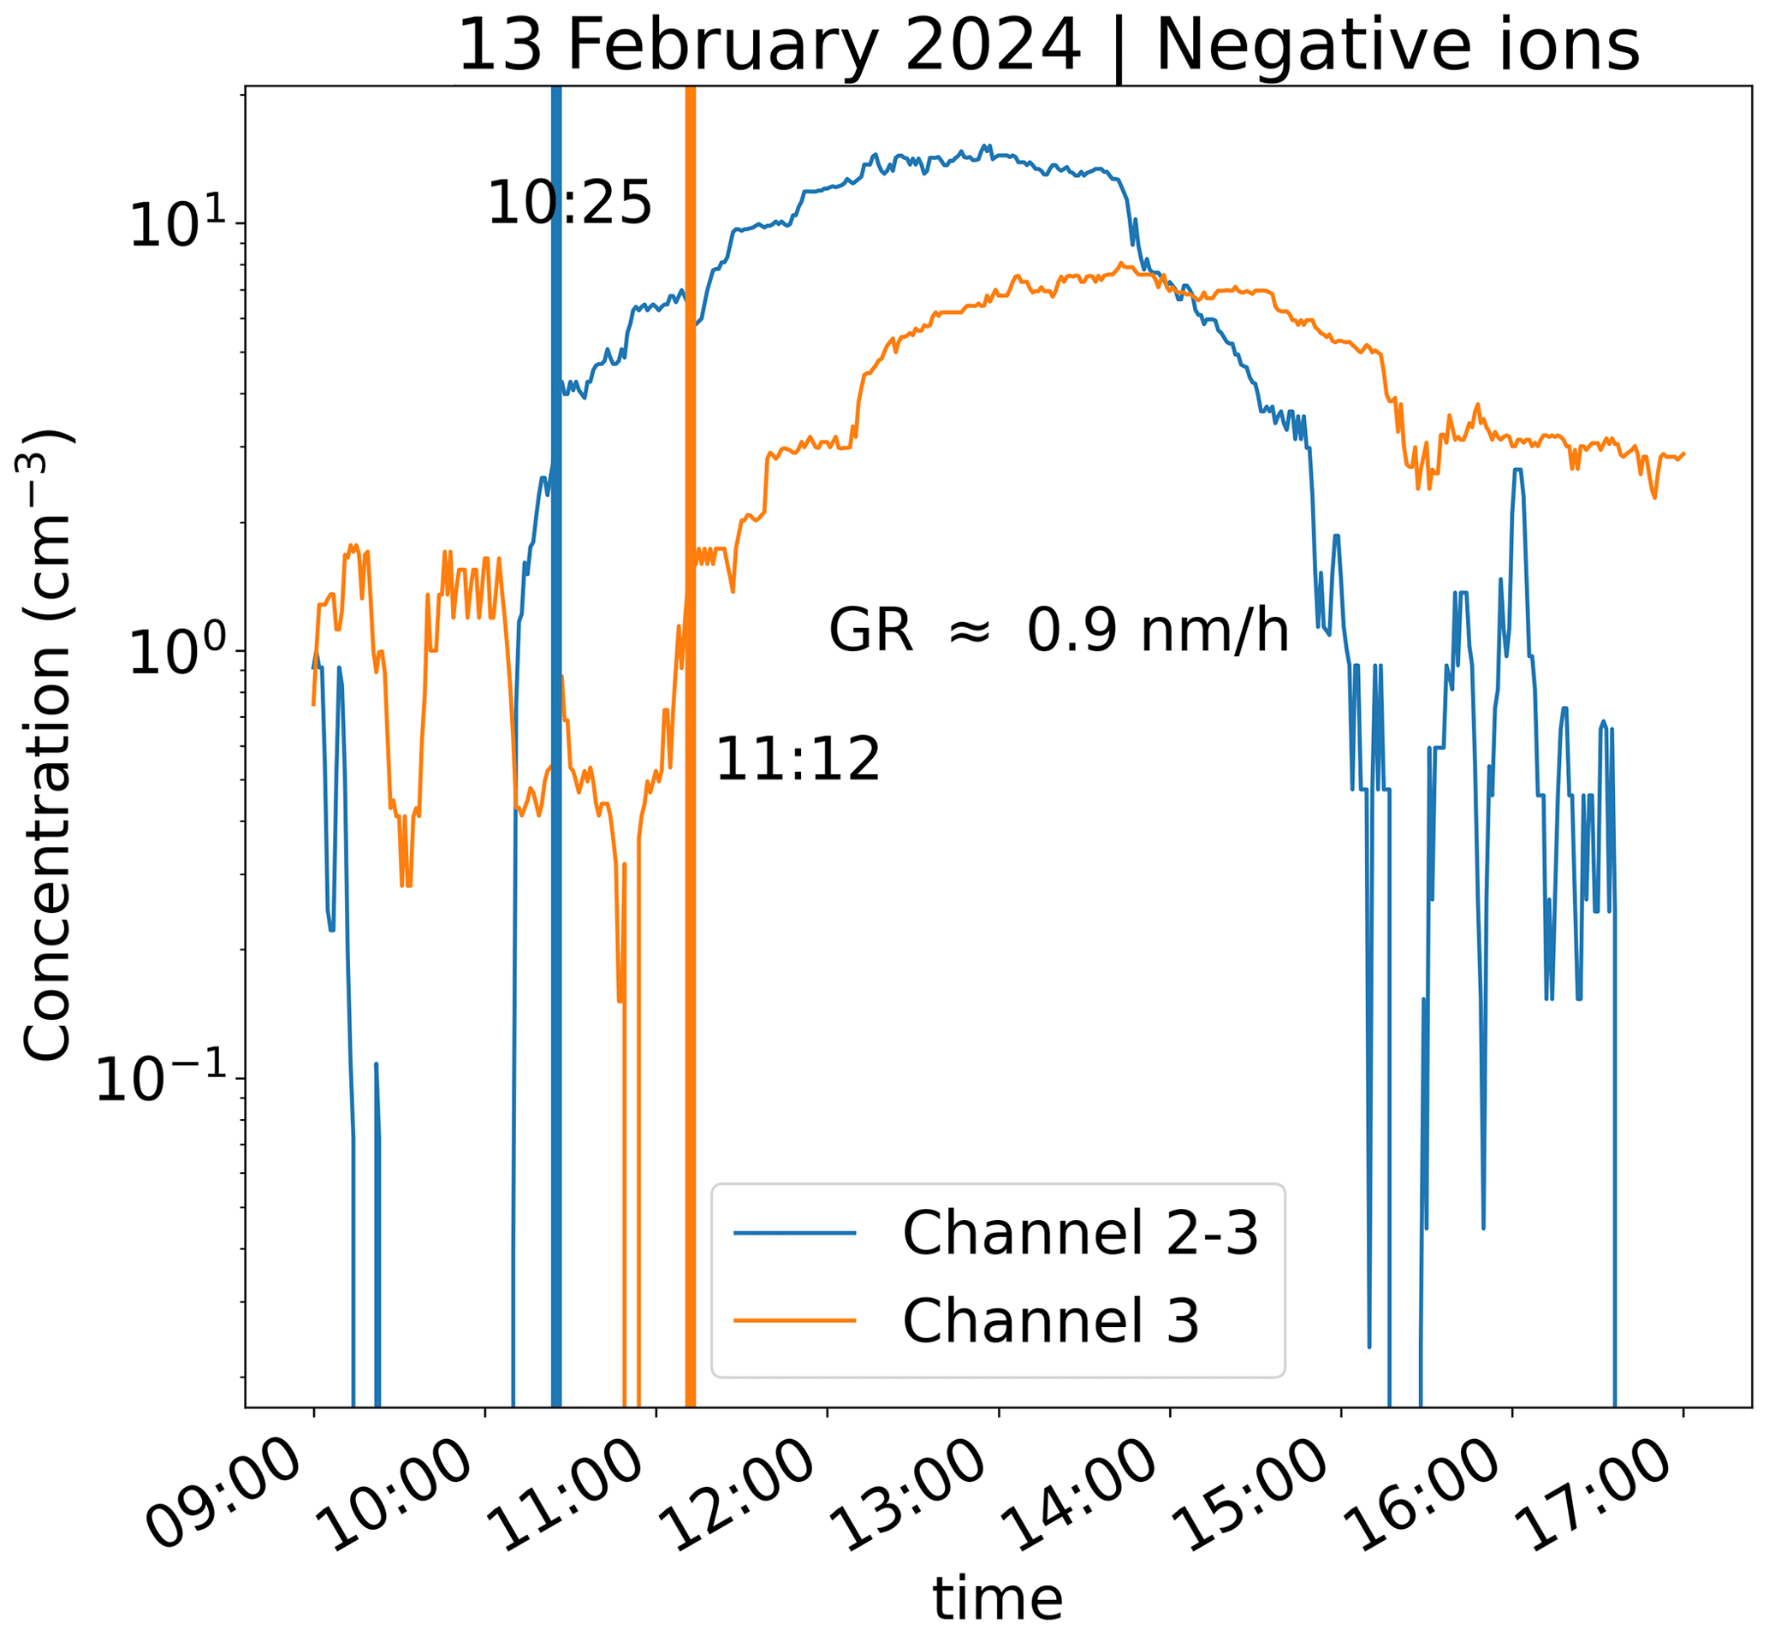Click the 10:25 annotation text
(569, 204)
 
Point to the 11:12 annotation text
(798, 760)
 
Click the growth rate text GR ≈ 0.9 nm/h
(1059, 631)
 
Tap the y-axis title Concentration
(46, 744)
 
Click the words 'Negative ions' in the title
(1398, 46)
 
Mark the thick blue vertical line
(556, 797)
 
